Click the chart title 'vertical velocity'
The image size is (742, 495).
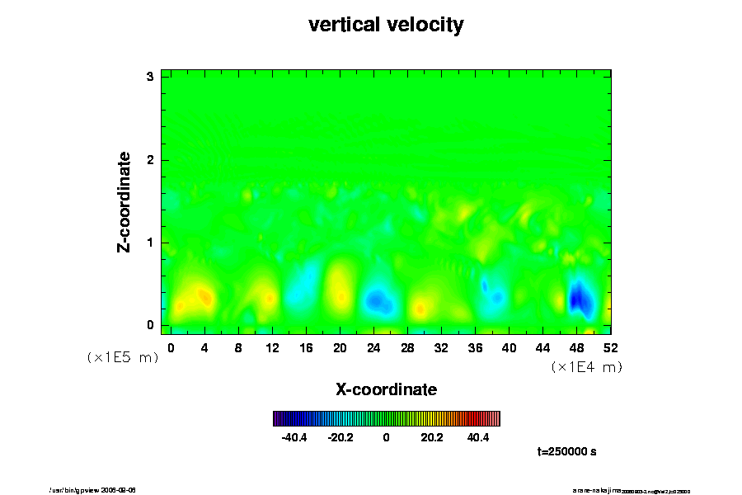[x=386, y=25]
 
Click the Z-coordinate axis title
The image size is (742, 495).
[x=124, y=201]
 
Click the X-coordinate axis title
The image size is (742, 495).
[x=386, y=389]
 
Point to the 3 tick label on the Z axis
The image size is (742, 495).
[x=151, y=77]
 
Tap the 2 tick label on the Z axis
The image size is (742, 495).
[x=151, y=160]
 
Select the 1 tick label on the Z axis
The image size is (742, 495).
[x=151, y=243]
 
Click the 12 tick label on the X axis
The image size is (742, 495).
[x=272, y=348]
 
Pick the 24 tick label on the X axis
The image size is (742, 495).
[x=373, y=348]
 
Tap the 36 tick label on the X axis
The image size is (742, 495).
[x=475, y=348]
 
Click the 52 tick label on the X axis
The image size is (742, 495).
[x=610, y=348]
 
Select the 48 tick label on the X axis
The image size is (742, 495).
[x=576, y=348]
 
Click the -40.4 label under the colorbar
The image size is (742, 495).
[x=294, y=437]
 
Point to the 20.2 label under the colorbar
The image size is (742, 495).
[x=432, y=437]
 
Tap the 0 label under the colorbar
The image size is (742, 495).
[x=386, y=437]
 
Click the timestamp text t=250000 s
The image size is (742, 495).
[x=566, y=452]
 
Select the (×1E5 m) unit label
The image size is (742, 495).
[x=122, y=357]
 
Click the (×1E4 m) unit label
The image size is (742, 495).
[x=586, y=367]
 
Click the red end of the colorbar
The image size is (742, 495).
[x=495, y=418]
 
